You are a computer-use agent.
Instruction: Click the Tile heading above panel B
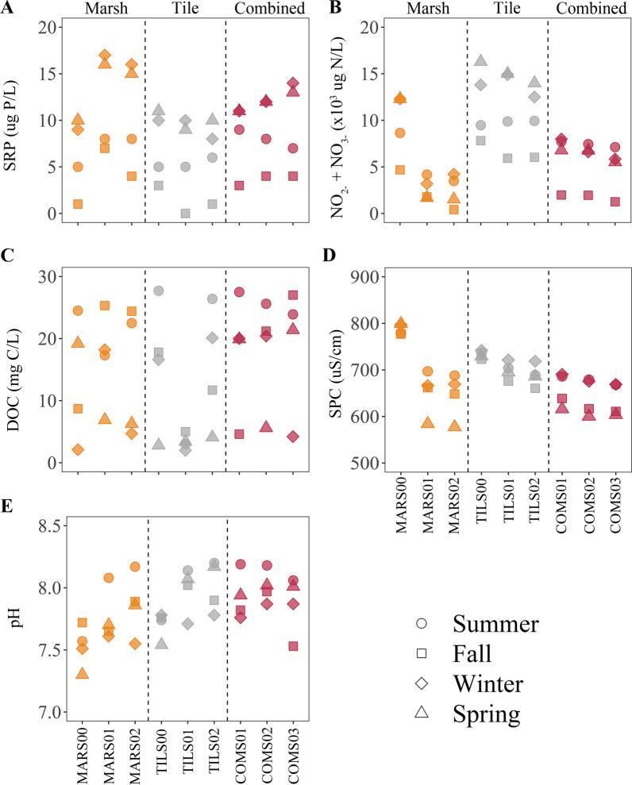(507, 9)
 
